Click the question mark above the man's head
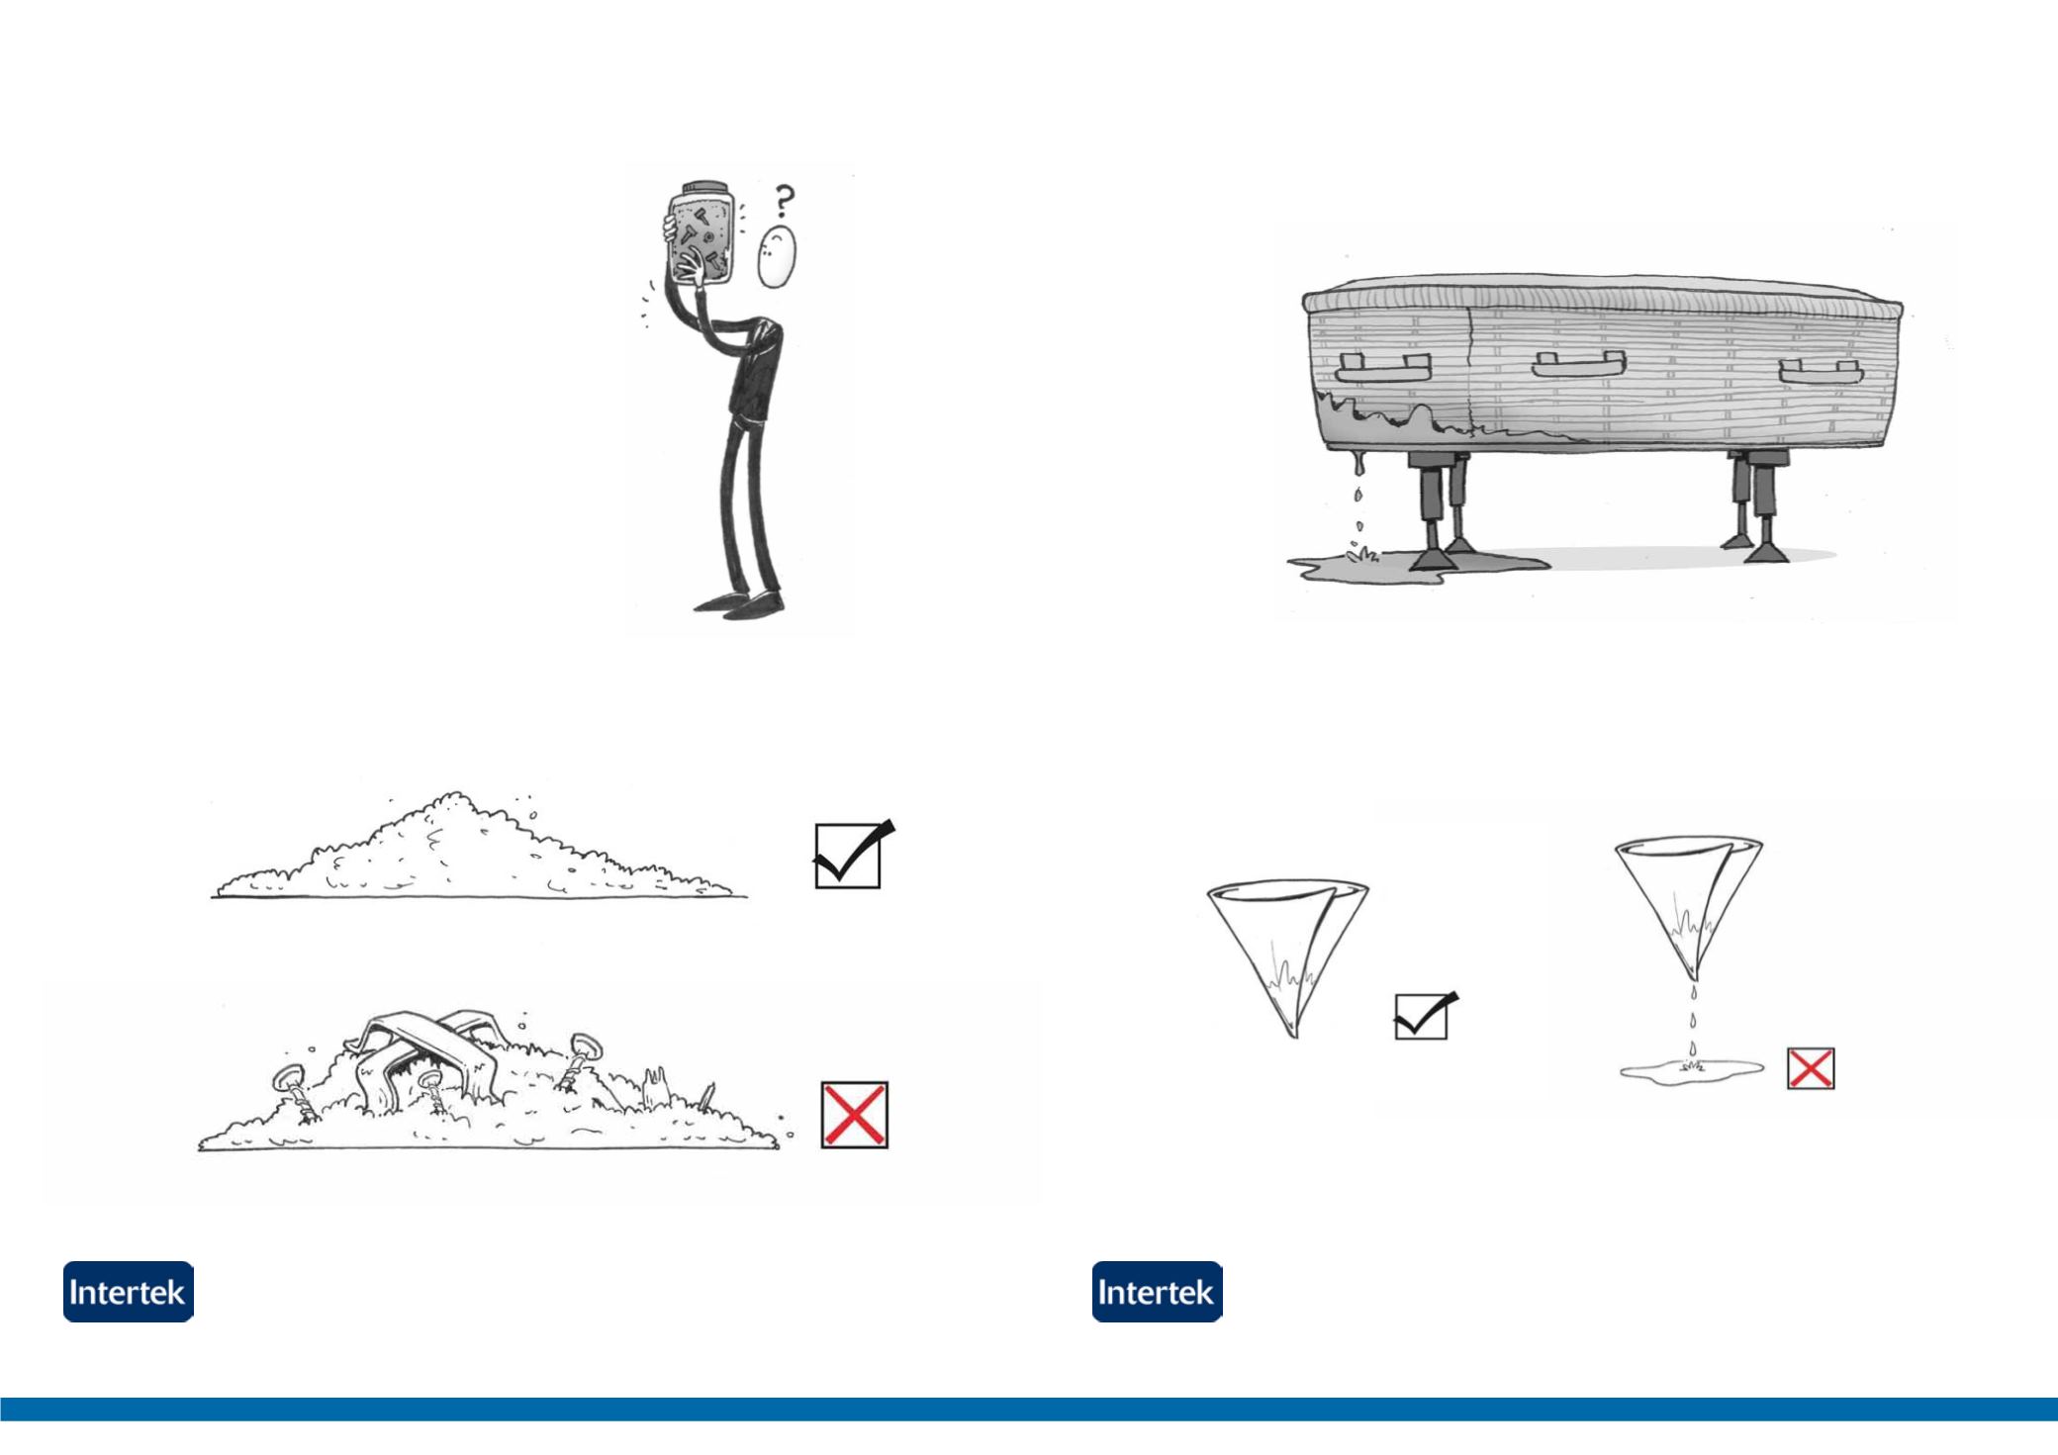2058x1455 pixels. tap(784, 201)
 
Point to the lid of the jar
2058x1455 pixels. tap(705, 188)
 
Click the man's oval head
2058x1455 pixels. tap(777, 256)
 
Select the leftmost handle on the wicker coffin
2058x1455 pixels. tap(1383, 368)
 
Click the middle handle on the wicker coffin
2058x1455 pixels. tap(1578, 364)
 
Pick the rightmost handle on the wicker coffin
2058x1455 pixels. tap(1820, 372)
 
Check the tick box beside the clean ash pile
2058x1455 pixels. tap(849, 855)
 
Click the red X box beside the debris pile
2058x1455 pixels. tap(854, 1115)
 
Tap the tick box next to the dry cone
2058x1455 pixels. tap(1421, 1017)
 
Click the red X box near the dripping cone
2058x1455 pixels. tap(1811, 1068)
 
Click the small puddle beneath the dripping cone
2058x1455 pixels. tap(1691, 1069)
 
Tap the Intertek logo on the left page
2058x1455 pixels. tap(129, 1292)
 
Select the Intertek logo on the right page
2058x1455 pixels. tap(1158, 1292)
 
